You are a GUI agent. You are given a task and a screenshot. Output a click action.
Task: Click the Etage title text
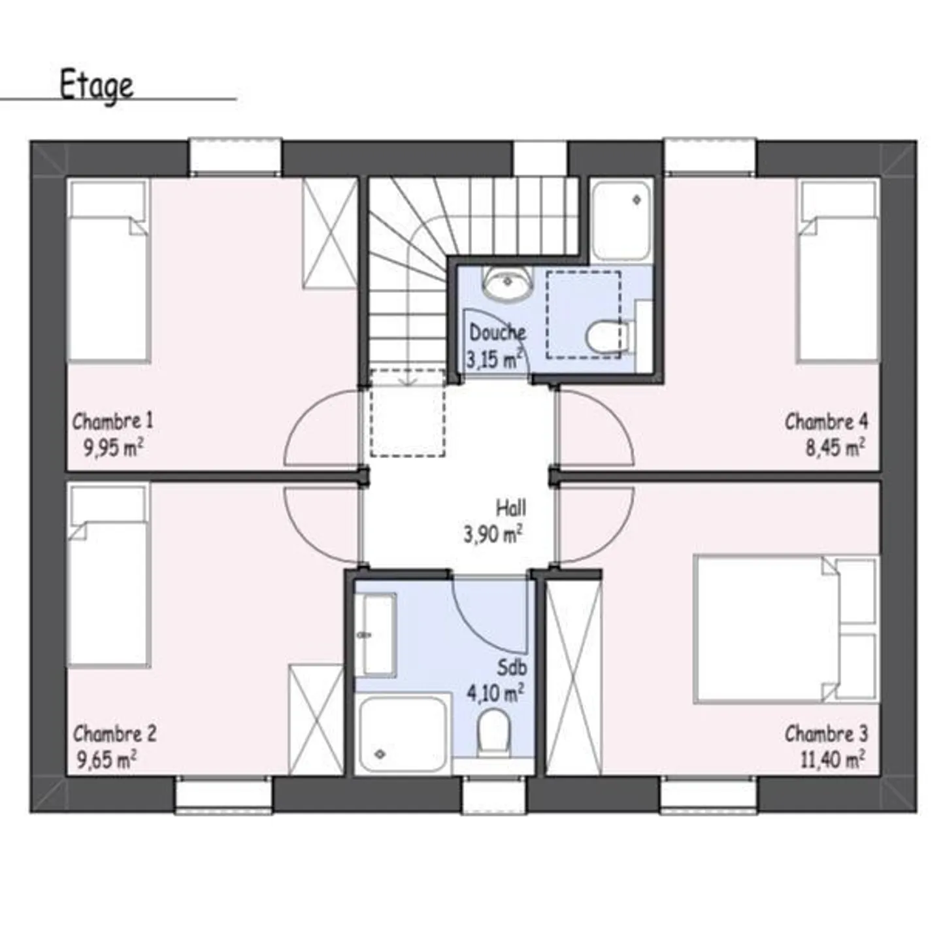click(97, 86)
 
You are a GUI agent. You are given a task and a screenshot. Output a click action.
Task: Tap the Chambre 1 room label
click(112, 421)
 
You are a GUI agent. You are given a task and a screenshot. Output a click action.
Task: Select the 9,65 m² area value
click(107, 761)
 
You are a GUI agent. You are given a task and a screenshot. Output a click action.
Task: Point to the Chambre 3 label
click(826, 734)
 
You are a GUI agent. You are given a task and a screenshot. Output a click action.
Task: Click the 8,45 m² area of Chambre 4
click(835, 448)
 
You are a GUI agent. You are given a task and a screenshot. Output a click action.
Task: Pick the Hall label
click(510, 508)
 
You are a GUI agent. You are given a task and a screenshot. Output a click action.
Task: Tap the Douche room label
click(497, 333)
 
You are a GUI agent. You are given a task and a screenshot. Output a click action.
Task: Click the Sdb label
click(512, 668)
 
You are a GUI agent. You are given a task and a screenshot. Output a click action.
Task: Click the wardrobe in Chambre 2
click(316, 719)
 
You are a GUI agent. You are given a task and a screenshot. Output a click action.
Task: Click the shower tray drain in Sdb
click(380, 754)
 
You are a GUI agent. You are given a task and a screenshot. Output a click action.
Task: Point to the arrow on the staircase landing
click(408, 379)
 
